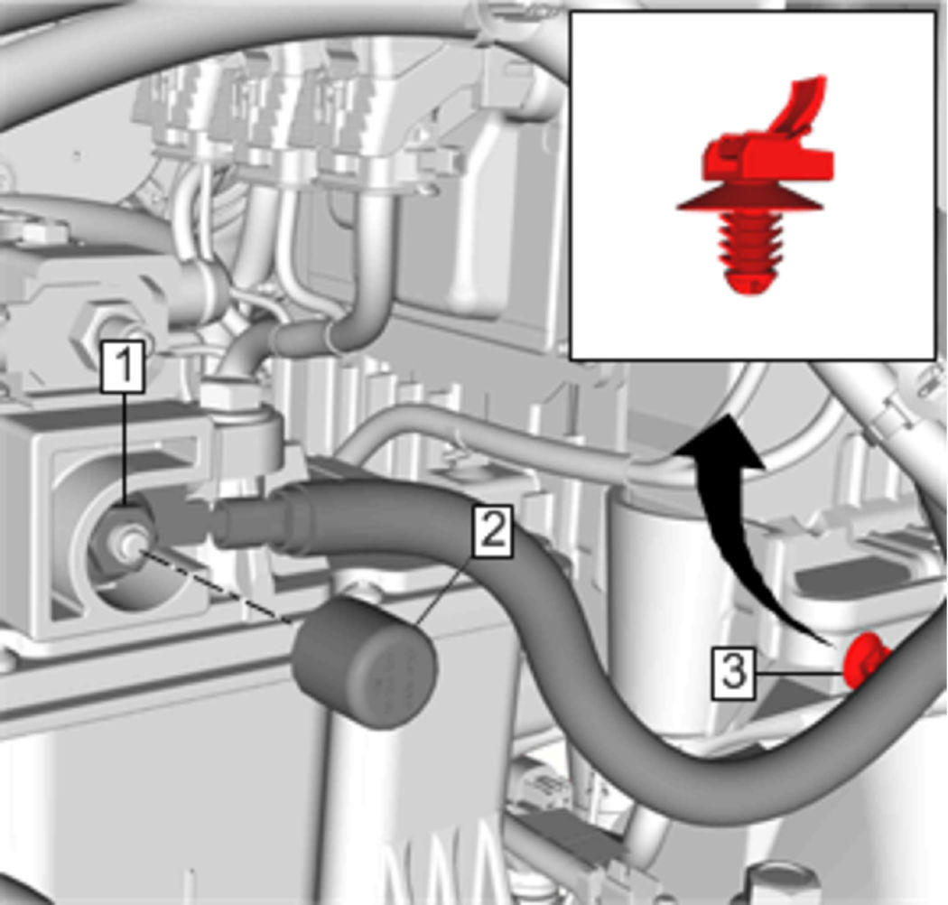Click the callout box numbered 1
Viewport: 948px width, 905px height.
[123, 367]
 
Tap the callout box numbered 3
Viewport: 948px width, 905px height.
[733, 673]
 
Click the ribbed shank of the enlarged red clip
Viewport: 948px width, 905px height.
[749, 242]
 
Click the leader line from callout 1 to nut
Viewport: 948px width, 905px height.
[124, 449]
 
